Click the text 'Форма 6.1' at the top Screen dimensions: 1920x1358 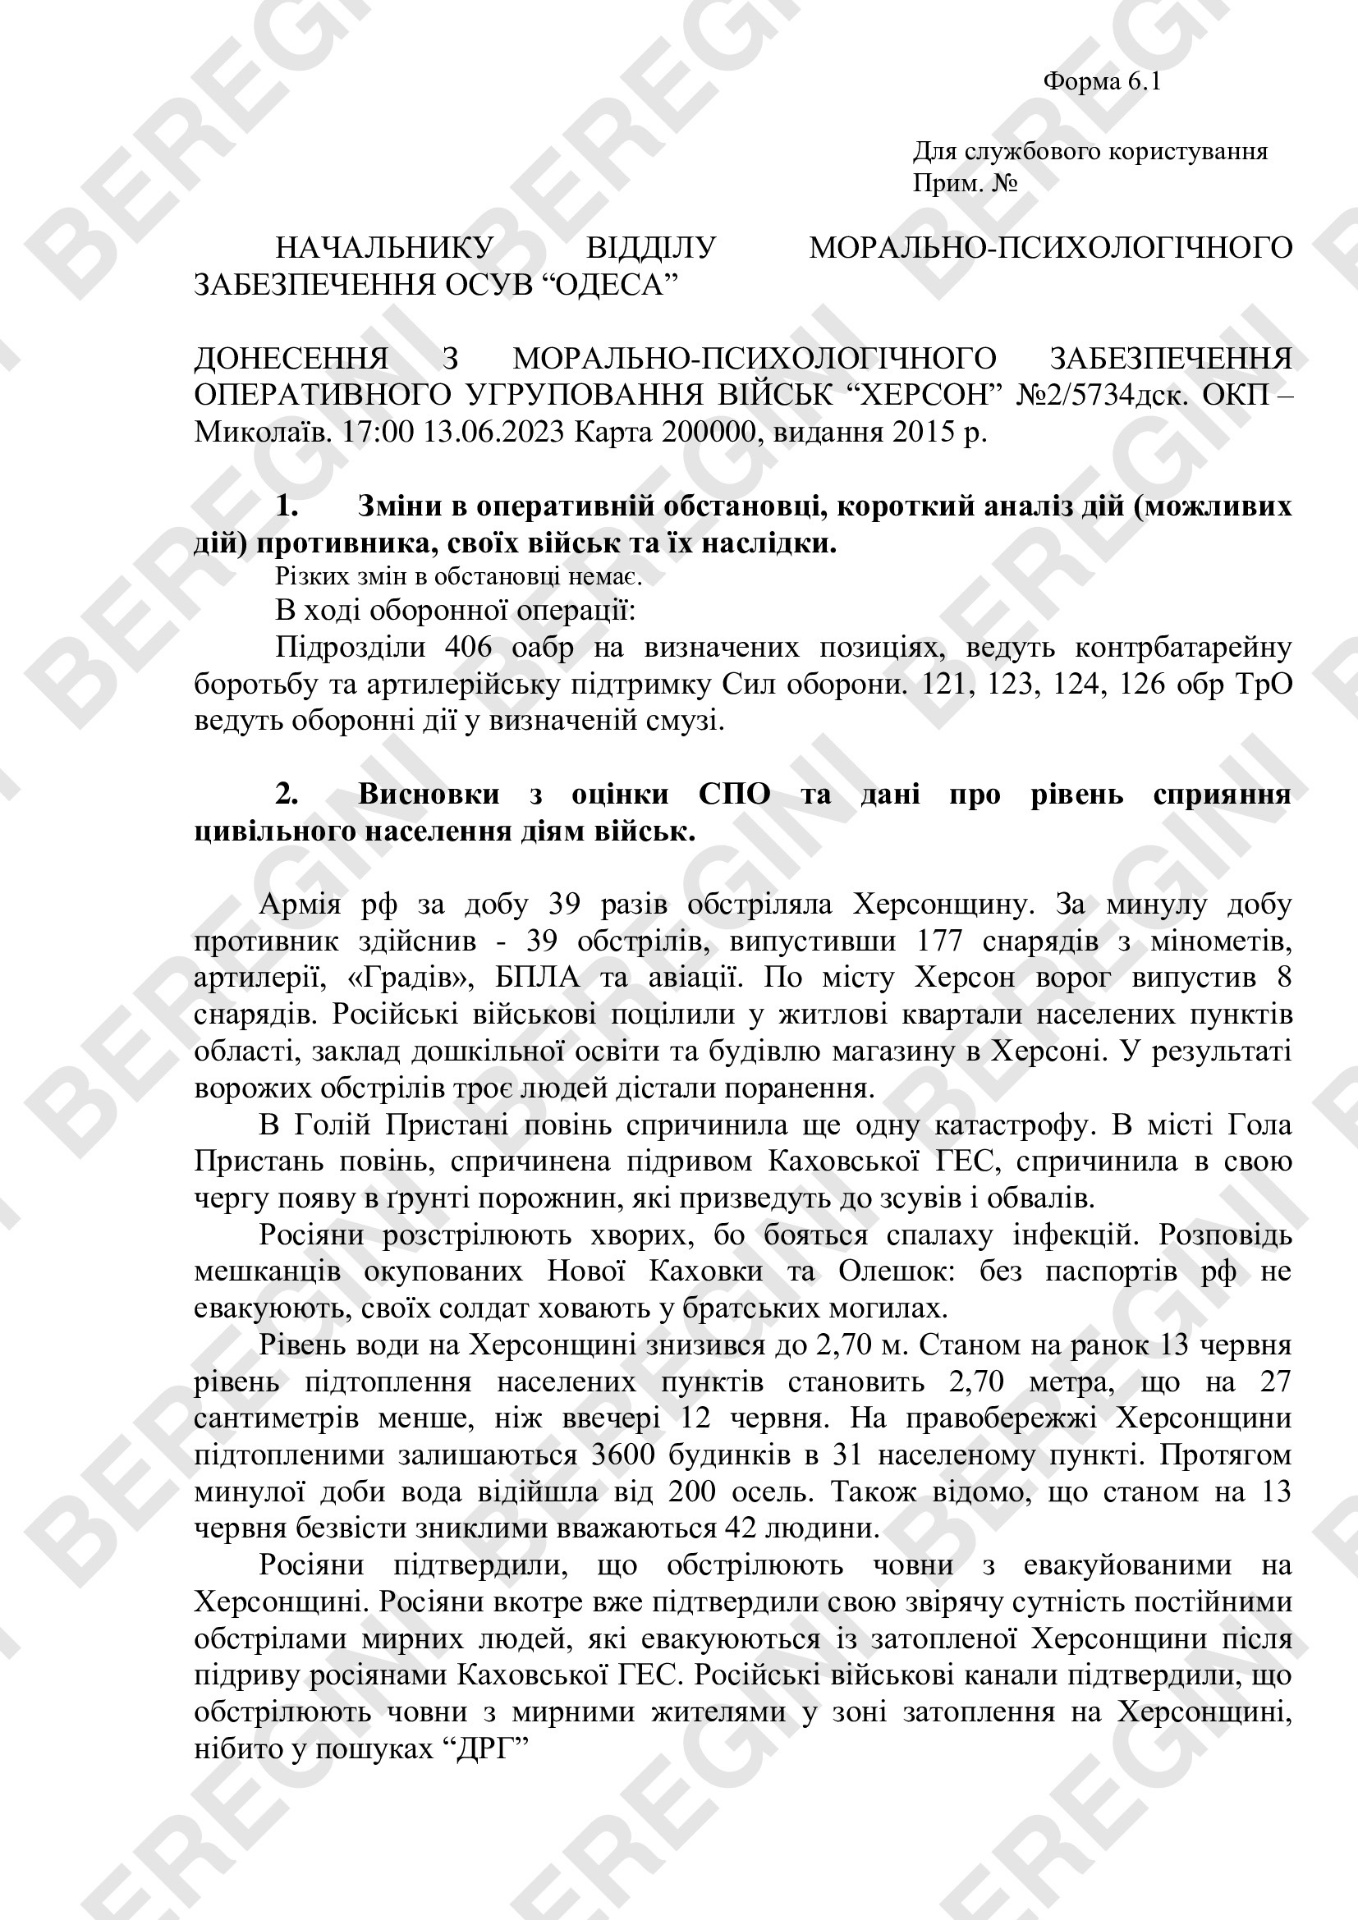[x=1101, y=82]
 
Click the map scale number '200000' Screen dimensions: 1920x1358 [x=710, y=432]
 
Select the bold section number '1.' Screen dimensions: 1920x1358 [x=287, y=506]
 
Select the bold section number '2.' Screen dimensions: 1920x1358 [x=287, y=794]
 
